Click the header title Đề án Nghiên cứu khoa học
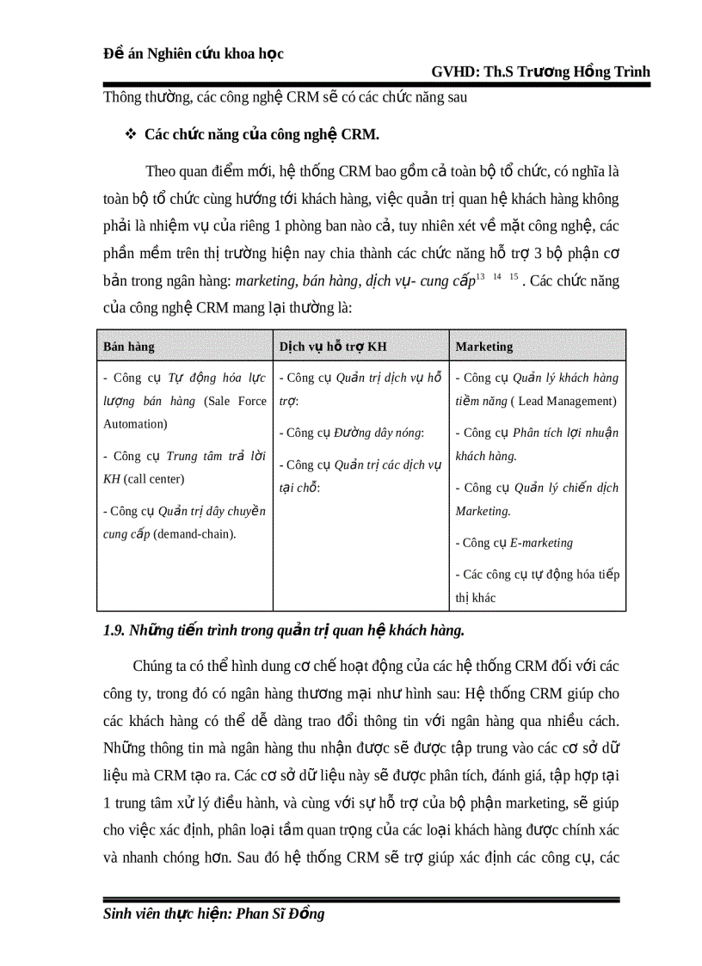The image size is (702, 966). tap(193, 53)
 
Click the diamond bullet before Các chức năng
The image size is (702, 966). tap(131, 135)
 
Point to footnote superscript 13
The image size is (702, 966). tap(480, 275)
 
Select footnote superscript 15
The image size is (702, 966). tap(514, 275)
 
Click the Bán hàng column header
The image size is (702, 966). tap(129, 347)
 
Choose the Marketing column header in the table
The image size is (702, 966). tap(483, 347)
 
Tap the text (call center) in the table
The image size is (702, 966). tap(153, 479)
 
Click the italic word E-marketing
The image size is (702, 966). tap(541, 543)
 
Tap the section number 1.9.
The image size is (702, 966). tap(114, 631)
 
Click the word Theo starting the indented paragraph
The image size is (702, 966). tap(162, 171)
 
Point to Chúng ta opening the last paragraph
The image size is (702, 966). tap(160, 667)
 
